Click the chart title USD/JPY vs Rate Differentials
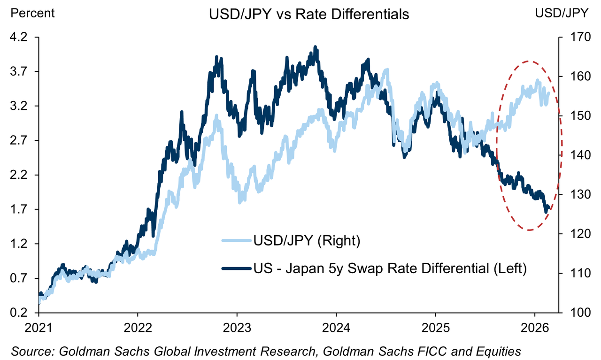309,15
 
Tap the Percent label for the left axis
32,13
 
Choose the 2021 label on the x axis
39,327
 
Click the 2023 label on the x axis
237,327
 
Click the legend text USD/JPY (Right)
306,241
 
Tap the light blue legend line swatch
236,241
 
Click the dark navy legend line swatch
236,269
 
